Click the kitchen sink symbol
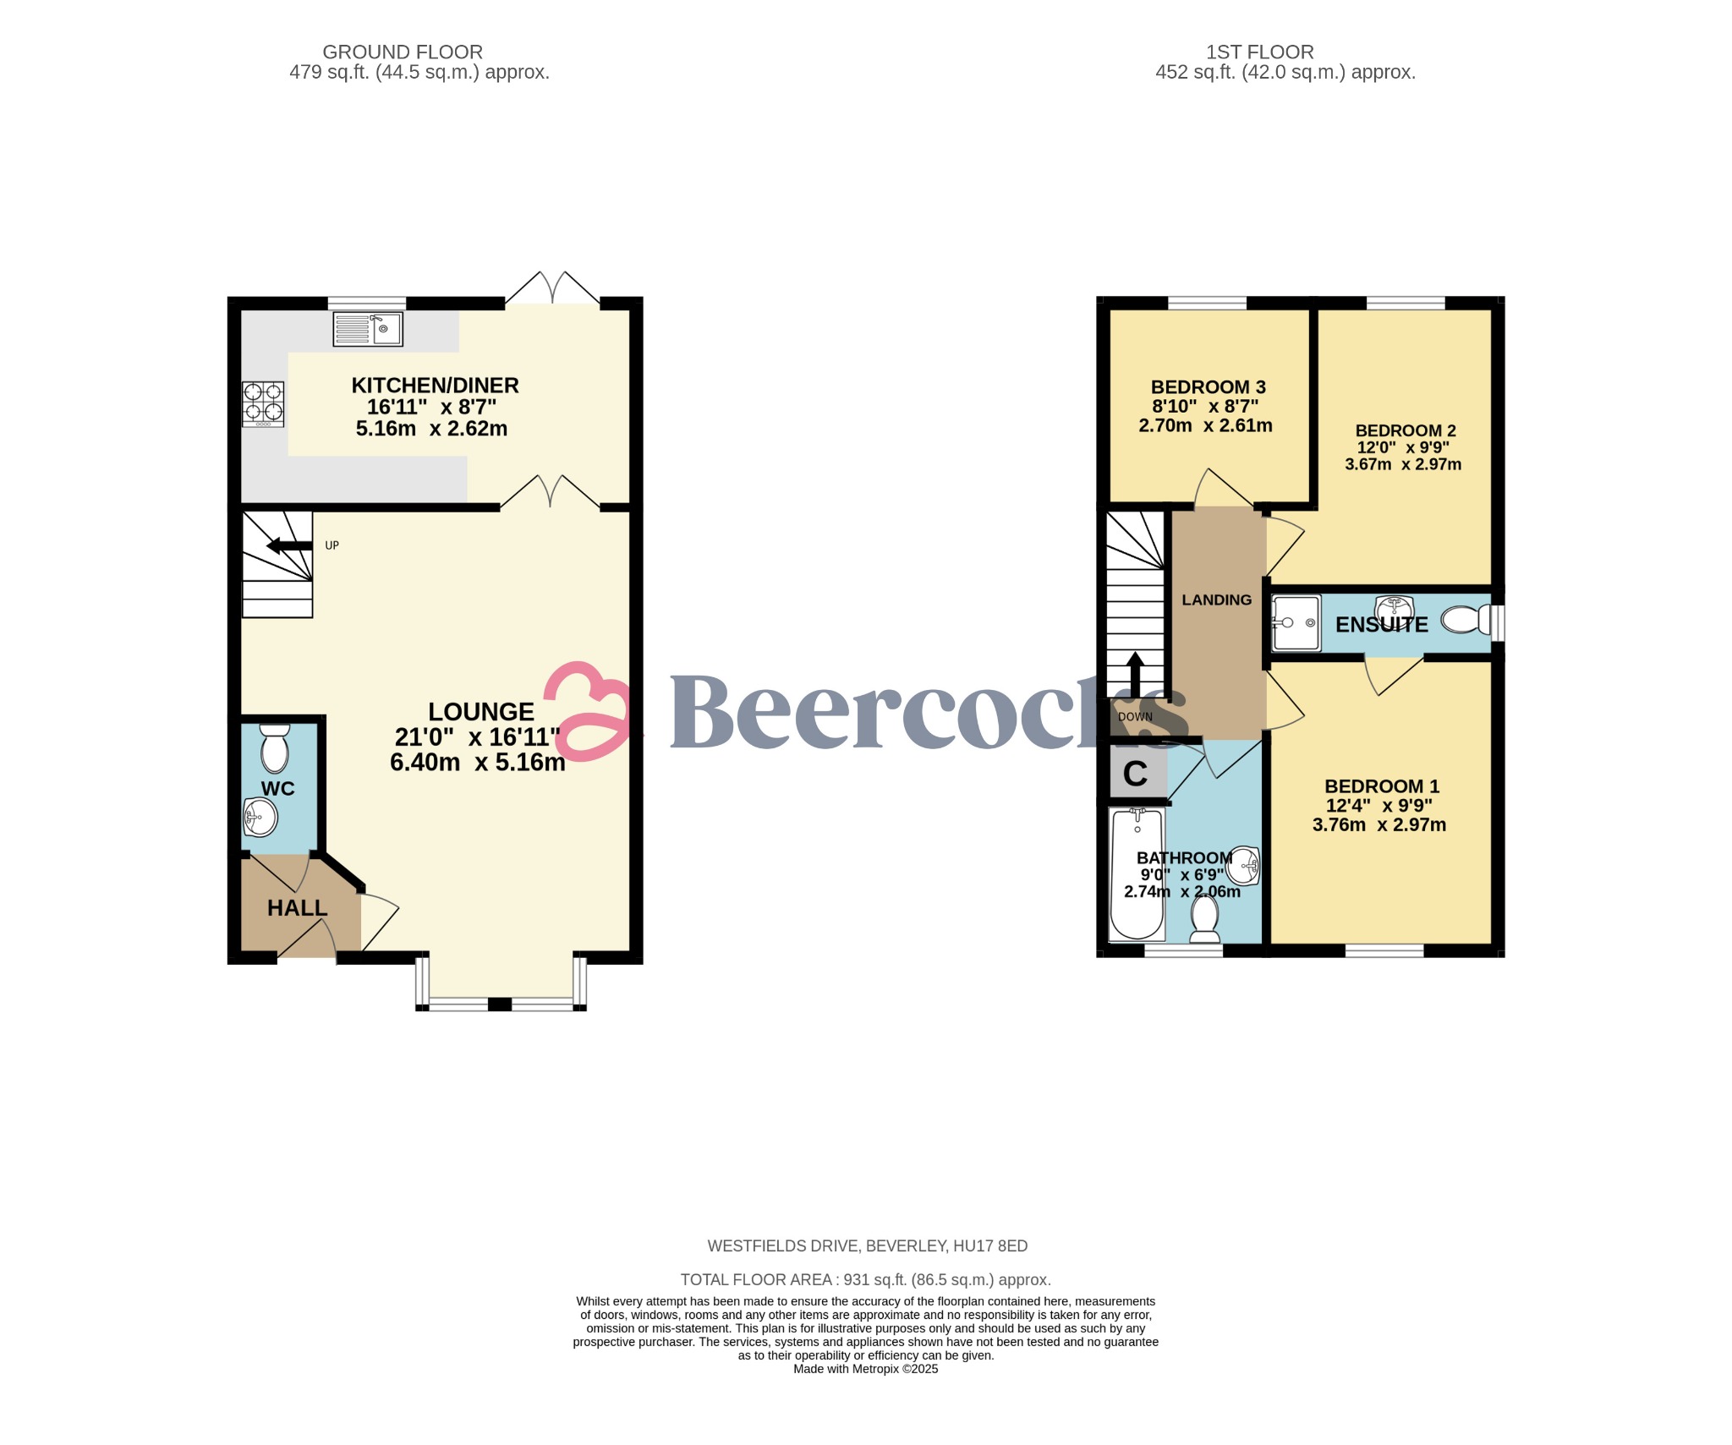367,329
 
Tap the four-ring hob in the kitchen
263,403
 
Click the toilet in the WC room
275,747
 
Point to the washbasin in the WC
260,817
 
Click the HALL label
297,907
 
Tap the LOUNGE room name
480,711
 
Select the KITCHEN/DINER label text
435,385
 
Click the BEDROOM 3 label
1208,386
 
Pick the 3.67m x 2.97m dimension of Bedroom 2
1402,464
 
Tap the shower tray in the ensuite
1296,624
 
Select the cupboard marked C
1135,773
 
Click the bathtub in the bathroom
1137,873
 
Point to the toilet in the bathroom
1204,919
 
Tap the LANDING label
1216,599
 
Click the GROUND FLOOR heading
403,52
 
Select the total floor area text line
865,1279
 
